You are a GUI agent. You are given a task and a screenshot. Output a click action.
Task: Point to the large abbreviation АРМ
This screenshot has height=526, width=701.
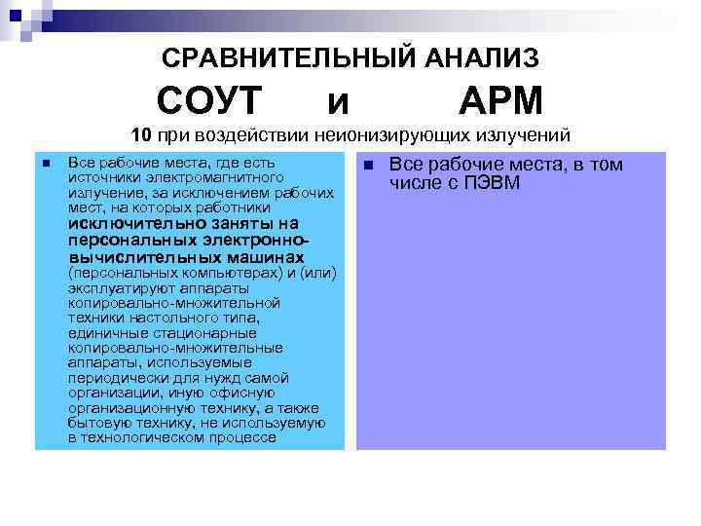point(500,100)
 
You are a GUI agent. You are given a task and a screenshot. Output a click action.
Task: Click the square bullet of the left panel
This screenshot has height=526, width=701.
point(45,163)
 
